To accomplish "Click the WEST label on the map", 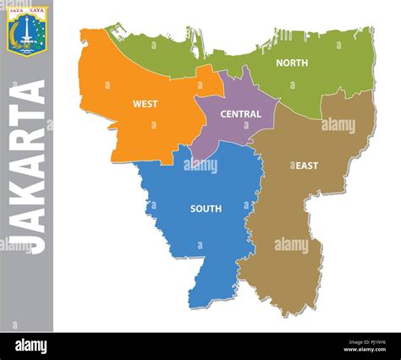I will tap(145, 104).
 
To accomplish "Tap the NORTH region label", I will tap(292, 63).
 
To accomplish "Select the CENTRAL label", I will tap(241, 113).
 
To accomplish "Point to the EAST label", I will tap(306, 166).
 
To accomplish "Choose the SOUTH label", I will tap(206, 209).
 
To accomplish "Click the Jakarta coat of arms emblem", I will tap(27, 30).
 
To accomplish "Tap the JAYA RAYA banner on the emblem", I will tap(27, 11).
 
